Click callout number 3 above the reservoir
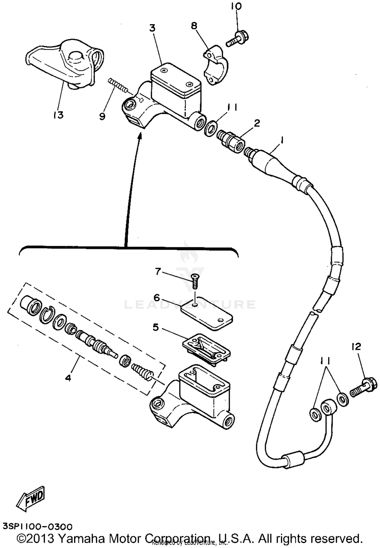click(152, 28)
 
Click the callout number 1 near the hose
click(281, 140)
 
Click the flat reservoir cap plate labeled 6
click(207, 314)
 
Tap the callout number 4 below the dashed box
click(68, 378)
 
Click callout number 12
click(356, 347)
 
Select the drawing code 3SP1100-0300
click(37, 526)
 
